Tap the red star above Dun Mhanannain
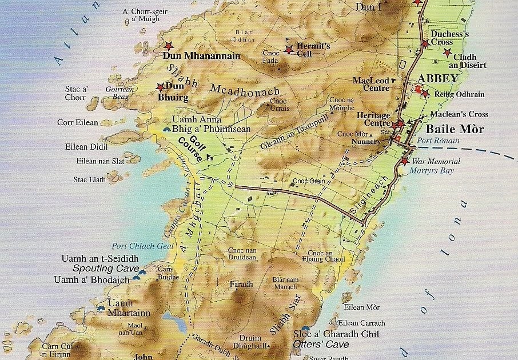pos(168,46)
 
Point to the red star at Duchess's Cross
pos(425,43)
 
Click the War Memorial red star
pos(405,162)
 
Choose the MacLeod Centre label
pos(371,84)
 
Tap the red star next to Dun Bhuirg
pos(161,87)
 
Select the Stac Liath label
pos(89,179)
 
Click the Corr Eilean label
pos(78,122)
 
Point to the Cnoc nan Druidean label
pos(242,254)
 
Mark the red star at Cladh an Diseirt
pos(447,53)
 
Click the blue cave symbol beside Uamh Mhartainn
pos(101,308)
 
